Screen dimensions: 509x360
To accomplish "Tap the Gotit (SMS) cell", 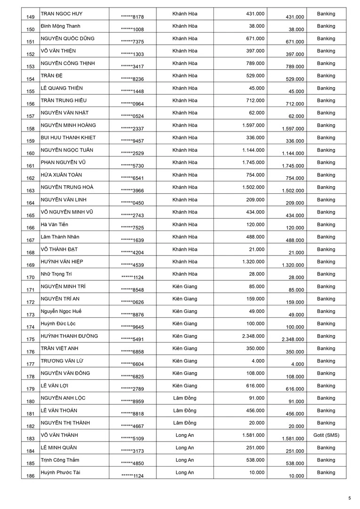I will [x=326, y=435].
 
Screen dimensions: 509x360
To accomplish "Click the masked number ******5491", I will [x=132, y=339].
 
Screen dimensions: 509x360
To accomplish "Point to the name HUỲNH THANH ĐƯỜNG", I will [x=69, y=336].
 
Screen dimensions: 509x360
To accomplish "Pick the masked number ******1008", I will [x=132, y=29].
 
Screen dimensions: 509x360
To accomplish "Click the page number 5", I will [x=349, y=498].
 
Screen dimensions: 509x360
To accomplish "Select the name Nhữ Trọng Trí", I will [x=56, y=274].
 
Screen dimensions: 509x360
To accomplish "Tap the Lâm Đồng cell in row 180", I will [x=185, y=398].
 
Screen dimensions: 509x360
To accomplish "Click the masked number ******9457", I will [x=132, y=140].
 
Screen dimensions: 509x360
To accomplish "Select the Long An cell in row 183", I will [x=185, y=435].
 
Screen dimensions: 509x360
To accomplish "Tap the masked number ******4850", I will [x=132, y=463].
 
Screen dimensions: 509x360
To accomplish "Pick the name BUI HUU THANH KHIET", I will [x=68, y=138].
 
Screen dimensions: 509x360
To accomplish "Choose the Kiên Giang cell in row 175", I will [x=185, y=336].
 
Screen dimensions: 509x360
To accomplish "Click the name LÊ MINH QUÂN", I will [x=58, y=447].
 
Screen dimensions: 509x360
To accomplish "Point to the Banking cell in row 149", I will [x=326, y=14].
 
